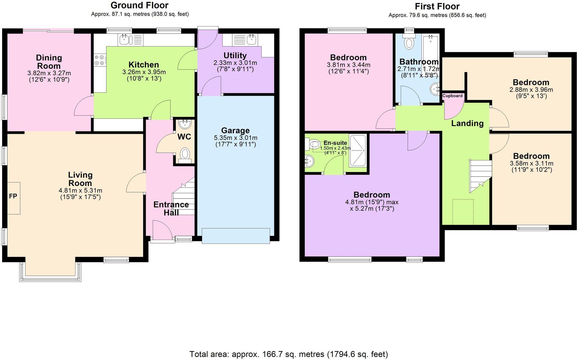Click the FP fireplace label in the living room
point(13,196)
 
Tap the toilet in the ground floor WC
point(184,153)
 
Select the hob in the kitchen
point(100,60)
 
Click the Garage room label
point(235,130)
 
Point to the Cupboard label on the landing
point(452,96)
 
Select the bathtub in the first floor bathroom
point(430,52)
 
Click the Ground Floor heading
point(139,5)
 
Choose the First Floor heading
point(437,6)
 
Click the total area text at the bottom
point(289,354)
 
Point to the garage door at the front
point(236,236)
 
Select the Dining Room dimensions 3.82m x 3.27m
point(49,73)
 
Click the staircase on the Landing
point(480,175)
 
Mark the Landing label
point(467,123)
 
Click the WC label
point(184,137)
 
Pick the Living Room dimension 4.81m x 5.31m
point(80,191)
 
